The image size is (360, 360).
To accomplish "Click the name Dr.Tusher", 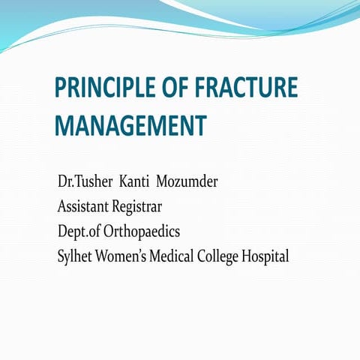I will click(83, 183).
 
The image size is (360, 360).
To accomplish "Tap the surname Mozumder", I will click(187, 183).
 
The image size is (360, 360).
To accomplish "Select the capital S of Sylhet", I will click(61, 256).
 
